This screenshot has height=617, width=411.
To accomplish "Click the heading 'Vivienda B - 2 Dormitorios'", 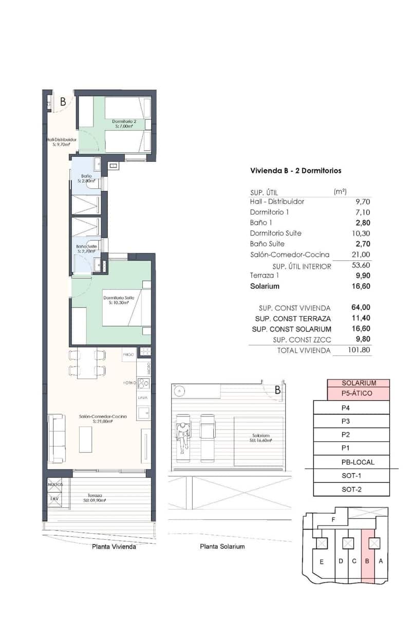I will click(295, 170).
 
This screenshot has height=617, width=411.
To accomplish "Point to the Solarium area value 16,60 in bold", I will click(360, 286).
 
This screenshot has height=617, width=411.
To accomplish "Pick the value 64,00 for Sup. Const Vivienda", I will click(361, 307).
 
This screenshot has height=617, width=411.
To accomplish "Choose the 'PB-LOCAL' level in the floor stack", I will click(358, 462).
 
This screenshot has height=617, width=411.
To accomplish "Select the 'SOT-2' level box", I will click(352, 489).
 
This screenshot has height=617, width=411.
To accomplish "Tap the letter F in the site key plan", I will click(334, 520).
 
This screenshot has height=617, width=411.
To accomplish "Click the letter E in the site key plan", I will click(322, 562).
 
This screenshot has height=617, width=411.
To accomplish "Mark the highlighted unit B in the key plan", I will click(367, 561).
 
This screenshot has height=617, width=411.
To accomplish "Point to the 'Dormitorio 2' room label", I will click(124, 121).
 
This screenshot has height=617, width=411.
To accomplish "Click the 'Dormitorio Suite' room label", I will click(119, 298).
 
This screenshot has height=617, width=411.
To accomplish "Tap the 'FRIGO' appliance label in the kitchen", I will click(128, 355).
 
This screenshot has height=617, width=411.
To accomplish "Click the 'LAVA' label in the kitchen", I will click(142, 398).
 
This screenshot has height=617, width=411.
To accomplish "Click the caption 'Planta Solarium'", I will click(222, 547).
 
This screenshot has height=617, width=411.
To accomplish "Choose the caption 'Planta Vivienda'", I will click(114, 547).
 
